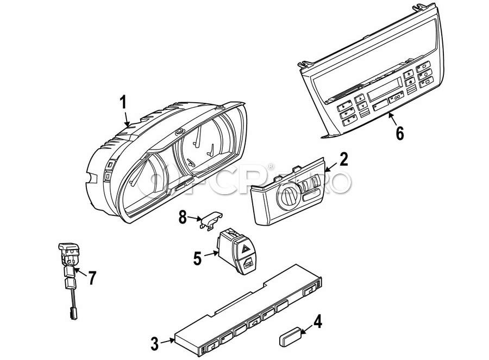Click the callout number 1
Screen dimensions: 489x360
click(x=124, y=102)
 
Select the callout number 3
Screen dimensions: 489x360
click(x=155, y=344)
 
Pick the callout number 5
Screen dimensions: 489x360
click(x=198, y=259)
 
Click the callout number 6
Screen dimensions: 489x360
click(x=400, y=133)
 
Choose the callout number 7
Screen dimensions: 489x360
click(x=92, y=278)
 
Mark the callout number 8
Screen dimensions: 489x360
click(x=183, y=218)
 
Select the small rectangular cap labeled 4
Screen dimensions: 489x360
click(x=290, y=337)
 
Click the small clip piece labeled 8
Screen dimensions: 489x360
click(x=211, y=220)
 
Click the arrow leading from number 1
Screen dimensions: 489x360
click(x=126, y=119)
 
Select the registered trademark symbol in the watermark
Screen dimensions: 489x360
click(x=271, y=166)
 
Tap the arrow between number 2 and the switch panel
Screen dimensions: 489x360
click(x=331, y=167)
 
